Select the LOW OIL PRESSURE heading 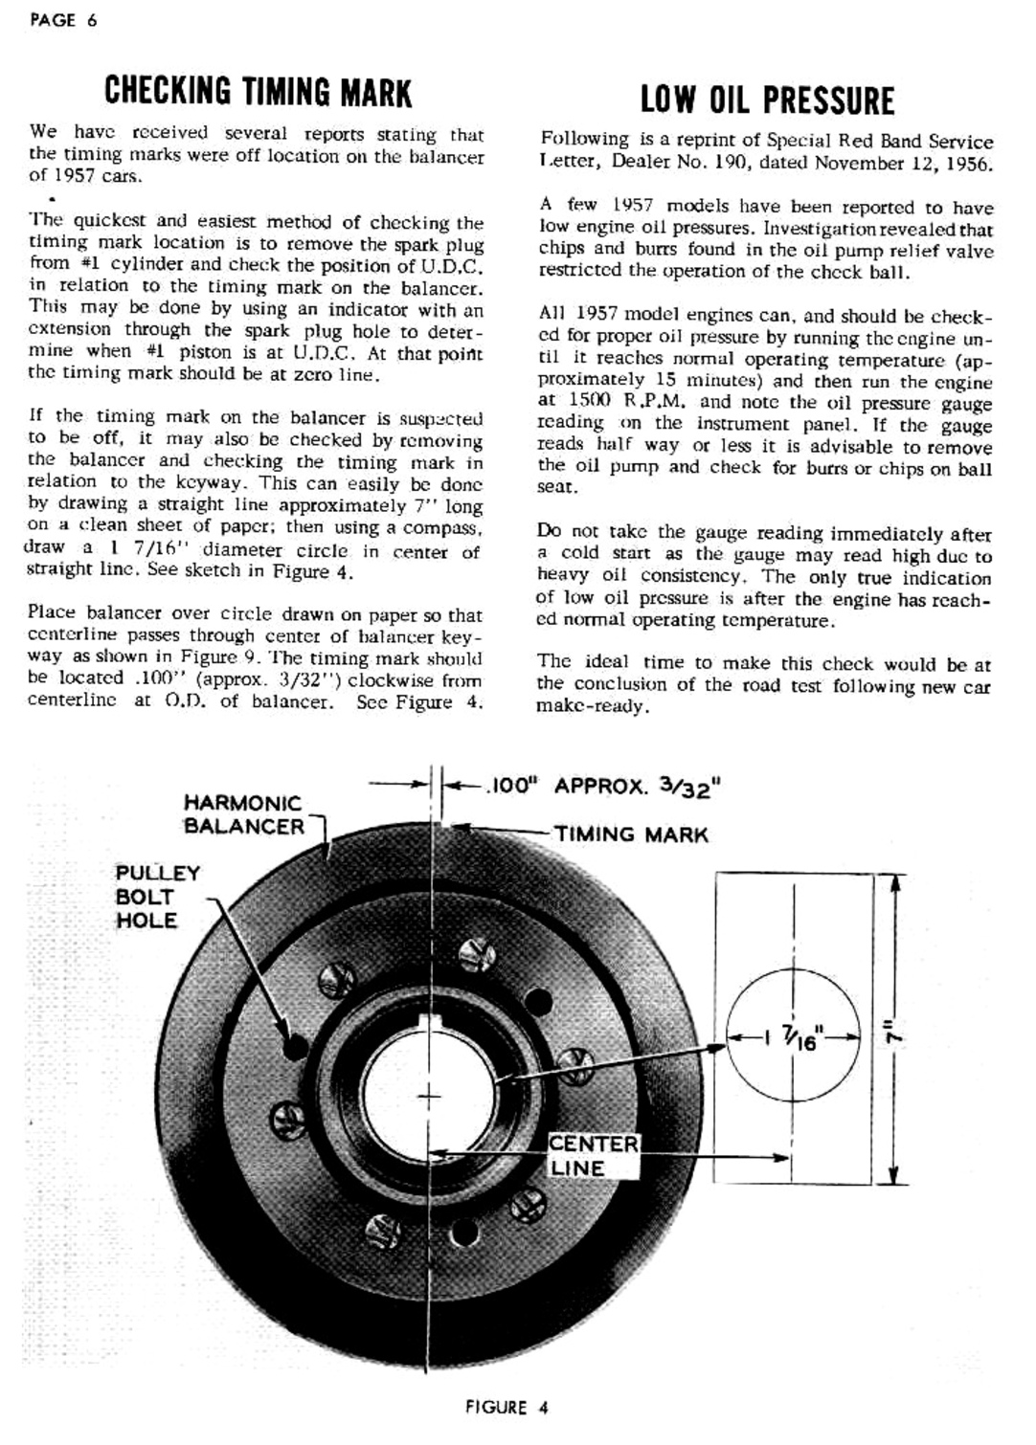point(767,100)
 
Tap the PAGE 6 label point(63,19)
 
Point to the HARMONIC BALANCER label point(243,814)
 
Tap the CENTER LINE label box point(593,1156)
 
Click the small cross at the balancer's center point(431,1095)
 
